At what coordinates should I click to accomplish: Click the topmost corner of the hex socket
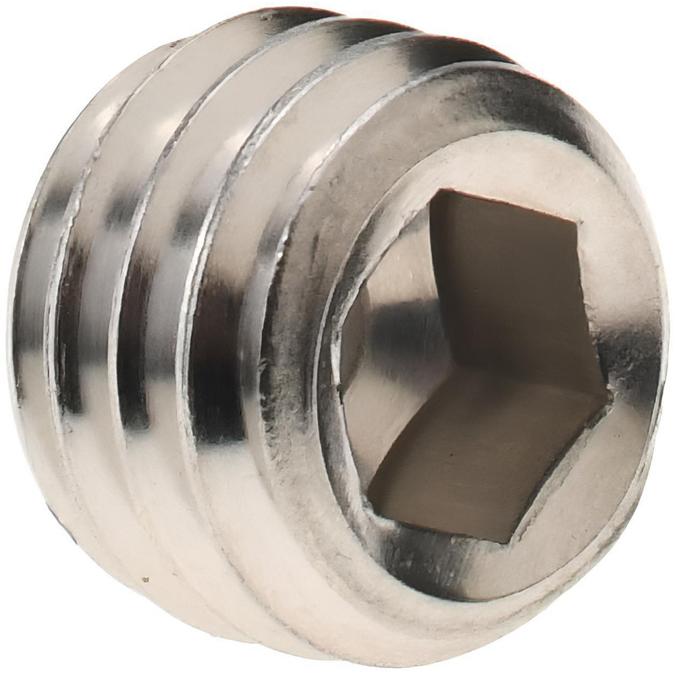[x=437, y=191]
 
